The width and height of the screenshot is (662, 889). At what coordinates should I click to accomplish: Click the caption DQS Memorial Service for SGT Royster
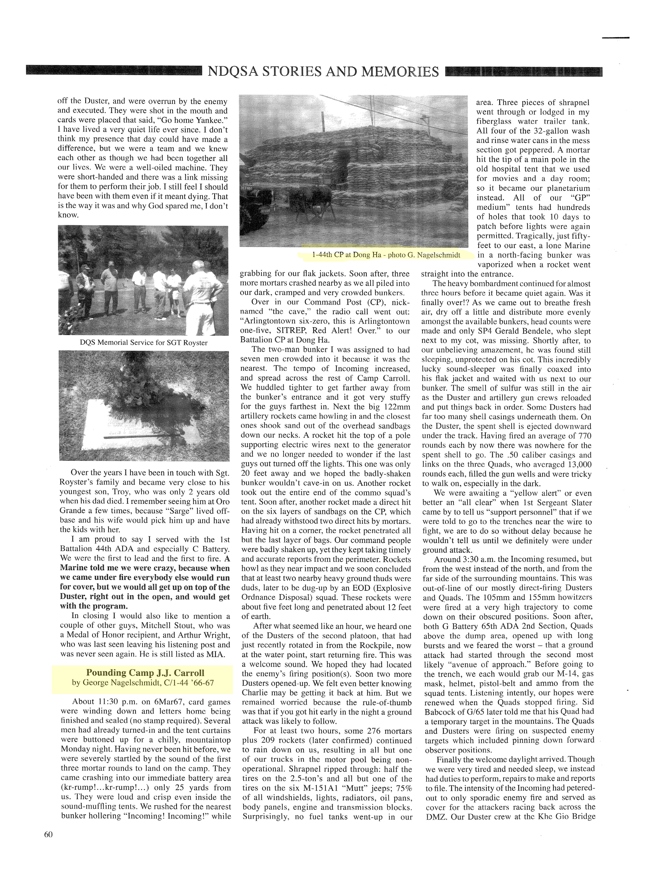click(x=144, y=343)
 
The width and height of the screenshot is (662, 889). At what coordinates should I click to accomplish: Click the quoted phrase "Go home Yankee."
click(x=194, y=121)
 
